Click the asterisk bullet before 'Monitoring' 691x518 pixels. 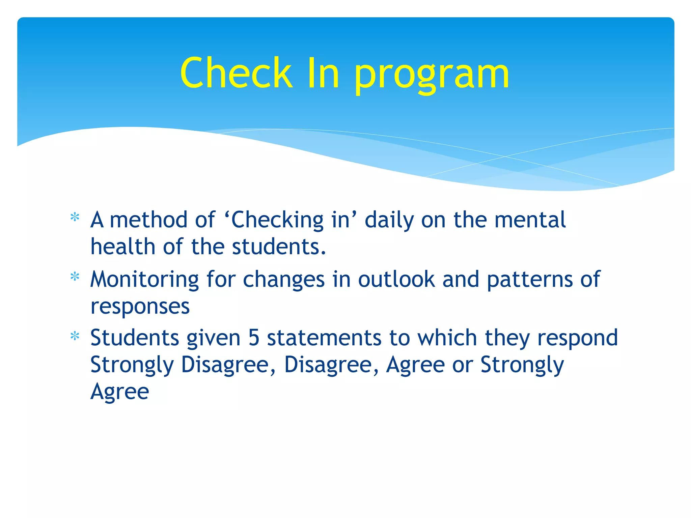click(75, 277)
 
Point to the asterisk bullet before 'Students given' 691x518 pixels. click(75, 336)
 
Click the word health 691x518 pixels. click(123, 247)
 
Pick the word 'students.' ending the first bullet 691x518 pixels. click(279, 247)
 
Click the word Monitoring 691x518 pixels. click(145, 280)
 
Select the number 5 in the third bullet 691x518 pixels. click(254, 338)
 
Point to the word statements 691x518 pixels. click(324, 338)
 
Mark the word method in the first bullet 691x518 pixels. click(148, 220)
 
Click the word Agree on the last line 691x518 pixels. click(120, 392)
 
